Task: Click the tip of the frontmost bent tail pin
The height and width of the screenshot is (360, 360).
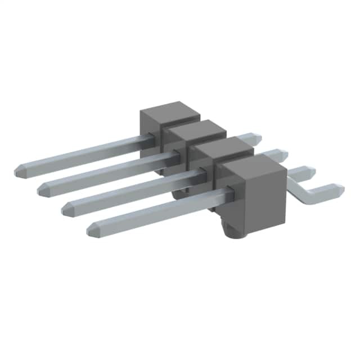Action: pyautogui.click(x=340, y=188)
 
